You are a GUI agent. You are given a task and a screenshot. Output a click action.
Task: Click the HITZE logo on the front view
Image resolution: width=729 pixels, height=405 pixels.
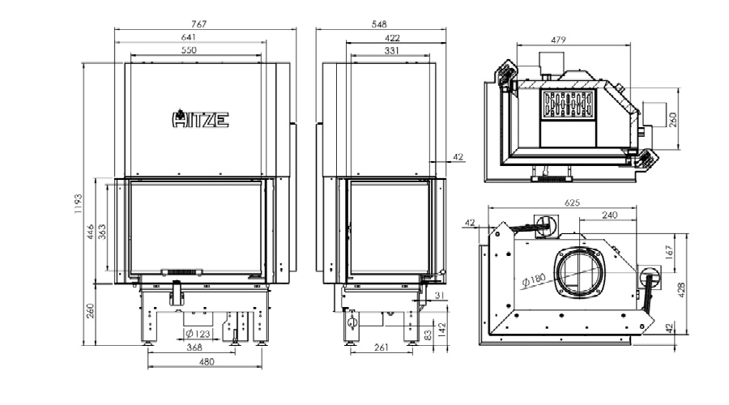click(200, 119)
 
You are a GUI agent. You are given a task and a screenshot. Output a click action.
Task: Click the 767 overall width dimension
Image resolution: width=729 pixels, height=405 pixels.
click(198, 23)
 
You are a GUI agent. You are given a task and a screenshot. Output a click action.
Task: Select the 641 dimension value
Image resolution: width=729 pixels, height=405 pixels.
click(189, 36)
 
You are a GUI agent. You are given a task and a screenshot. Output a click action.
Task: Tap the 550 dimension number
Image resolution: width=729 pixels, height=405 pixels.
click(189, 49)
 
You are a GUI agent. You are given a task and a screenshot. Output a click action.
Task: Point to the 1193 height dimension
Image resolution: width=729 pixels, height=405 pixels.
click(78, 203)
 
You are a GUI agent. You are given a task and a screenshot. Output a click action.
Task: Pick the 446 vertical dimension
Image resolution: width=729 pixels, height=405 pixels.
click(91, 232)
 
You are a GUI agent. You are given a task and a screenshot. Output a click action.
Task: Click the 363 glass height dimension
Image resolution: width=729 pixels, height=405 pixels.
click(102, 232)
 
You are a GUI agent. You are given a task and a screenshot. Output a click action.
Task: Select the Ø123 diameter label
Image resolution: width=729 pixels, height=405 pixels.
click(198, 334)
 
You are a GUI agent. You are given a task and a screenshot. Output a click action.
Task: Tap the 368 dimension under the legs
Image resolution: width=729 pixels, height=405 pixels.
click(194, 347)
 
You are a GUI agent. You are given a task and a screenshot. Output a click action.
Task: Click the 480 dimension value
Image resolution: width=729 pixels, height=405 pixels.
click(207, 361)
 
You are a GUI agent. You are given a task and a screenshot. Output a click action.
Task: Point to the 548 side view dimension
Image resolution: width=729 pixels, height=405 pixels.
click(379, 23)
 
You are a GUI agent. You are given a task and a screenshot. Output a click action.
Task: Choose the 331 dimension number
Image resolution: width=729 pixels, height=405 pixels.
click(391, 50)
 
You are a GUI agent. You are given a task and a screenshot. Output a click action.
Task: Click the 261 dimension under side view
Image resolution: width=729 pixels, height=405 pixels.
click(381, 347)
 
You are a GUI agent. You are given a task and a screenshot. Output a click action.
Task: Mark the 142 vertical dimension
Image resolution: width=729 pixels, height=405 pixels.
click(441, 329)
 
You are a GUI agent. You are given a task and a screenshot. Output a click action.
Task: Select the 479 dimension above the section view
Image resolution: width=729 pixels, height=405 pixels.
click(558, 40)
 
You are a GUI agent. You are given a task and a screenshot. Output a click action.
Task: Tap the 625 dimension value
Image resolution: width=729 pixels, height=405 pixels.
click(573, 202)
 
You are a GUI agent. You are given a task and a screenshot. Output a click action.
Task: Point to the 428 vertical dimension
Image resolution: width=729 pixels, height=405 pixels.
click(681, 289)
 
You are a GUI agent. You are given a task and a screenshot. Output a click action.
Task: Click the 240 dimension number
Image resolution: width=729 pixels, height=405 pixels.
click(609, 215)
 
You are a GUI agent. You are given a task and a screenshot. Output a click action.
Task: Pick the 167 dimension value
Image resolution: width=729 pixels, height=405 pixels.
click(669, 252)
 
